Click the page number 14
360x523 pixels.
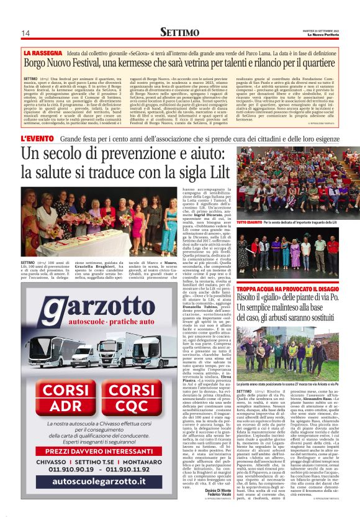click(x=25, y=33)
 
